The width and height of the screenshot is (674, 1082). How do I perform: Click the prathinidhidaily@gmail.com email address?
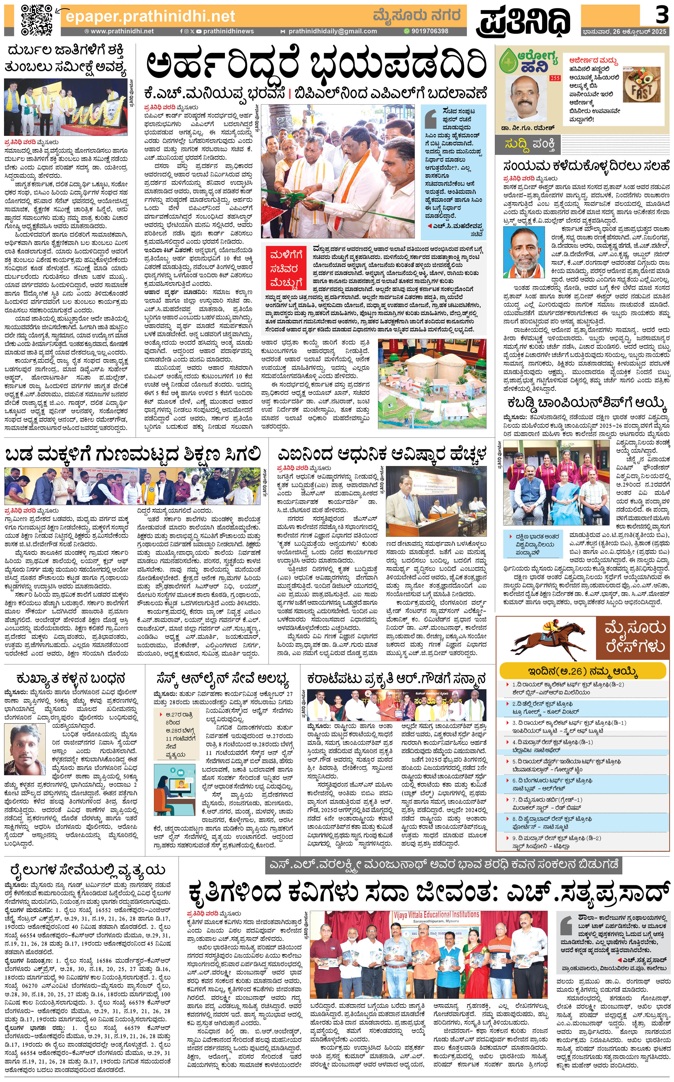coord(332,31)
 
